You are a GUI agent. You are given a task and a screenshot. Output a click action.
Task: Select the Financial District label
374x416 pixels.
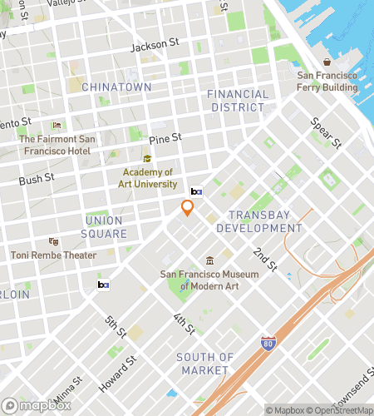238,101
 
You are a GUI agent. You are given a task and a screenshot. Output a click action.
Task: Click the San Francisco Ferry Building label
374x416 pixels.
327,81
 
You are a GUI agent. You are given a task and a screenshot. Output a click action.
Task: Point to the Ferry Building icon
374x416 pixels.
327,62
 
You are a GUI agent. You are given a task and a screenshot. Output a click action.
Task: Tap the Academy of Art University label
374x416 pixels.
145,178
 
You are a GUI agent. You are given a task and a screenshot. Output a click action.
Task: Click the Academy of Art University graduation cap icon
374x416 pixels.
146,159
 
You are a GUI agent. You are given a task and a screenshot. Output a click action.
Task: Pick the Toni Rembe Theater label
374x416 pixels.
53,255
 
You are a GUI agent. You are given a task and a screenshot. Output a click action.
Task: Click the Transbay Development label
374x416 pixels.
265,221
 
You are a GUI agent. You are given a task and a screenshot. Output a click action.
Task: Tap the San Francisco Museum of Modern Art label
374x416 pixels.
209,280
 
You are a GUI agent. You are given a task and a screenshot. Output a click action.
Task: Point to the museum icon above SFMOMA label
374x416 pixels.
209,260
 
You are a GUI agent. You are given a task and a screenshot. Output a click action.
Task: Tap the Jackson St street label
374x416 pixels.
155,46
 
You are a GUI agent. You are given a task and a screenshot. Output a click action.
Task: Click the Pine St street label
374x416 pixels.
165,137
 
